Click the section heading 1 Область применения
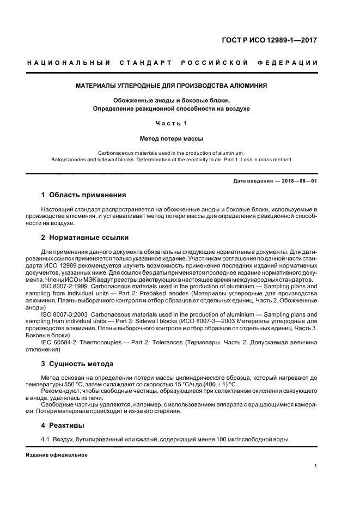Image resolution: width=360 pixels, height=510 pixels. click(84, 195)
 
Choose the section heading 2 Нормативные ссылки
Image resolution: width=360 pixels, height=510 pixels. click(86, 238)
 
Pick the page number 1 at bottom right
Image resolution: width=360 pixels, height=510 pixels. click(316, 466)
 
